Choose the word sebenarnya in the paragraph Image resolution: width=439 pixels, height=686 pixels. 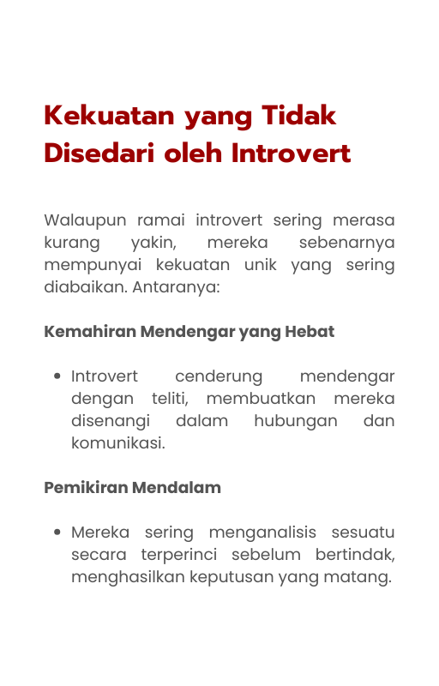[346, 243]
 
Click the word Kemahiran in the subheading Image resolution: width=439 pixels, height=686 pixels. [89, 331]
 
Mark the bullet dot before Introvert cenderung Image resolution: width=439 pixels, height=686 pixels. [57, 376]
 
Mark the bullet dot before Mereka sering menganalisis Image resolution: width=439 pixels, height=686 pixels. [57, 533]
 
